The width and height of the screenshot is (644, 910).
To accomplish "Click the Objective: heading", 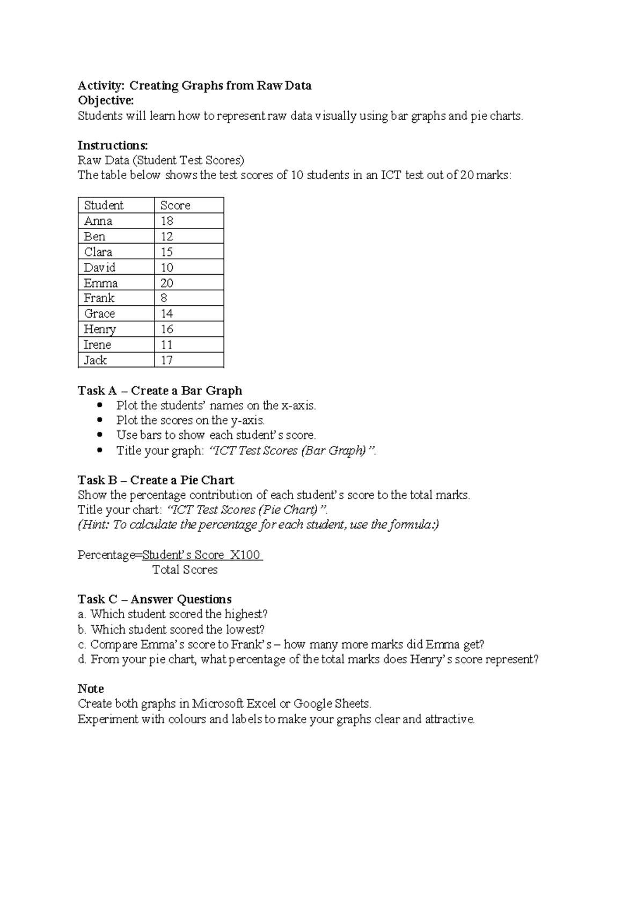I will (x=106, y=101).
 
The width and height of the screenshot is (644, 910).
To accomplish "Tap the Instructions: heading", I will (x=113, y=145).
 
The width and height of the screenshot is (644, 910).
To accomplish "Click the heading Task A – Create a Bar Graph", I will (x=160, y=391).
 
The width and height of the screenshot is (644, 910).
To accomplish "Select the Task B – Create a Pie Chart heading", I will (x=156, y=480).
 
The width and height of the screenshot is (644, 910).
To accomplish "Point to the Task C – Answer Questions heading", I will (x=155, y=599).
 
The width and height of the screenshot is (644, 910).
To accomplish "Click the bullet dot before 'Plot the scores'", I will (x=99, y=420).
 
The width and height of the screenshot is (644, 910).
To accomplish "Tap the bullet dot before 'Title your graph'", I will (x=99, y=450).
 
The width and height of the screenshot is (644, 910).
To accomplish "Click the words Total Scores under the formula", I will (x=185, y=570).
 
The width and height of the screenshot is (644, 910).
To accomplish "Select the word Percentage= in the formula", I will (x=110, y=555).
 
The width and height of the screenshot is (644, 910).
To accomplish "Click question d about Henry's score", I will (x=308, y=659).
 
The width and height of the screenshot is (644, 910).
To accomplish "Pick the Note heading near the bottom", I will (x=91, y=688).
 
